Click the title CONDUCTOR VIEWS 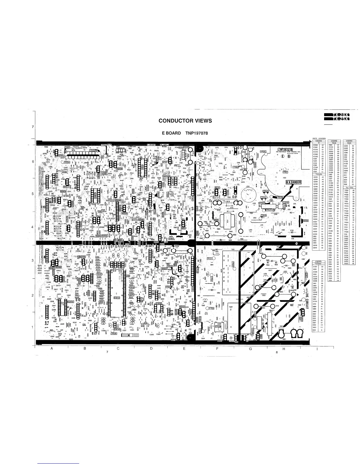pyautogui.click(x=185, y=121)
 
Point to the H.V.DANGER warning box pyautogui.click(x=293, y=182)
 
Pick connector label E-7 pyautogui.click(x=46, y=323)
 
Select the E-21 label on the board pyautogui.click(x=235, y=197)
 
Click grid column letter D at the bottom pyautogui.click(x=151, y=349)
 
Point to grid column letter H pyautogui.click(x=284, y=349)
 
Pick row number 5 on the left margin pyautogui.click(x=33, y=194)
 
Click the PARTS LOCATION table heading pyautogui.click(x=319, y=139)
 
